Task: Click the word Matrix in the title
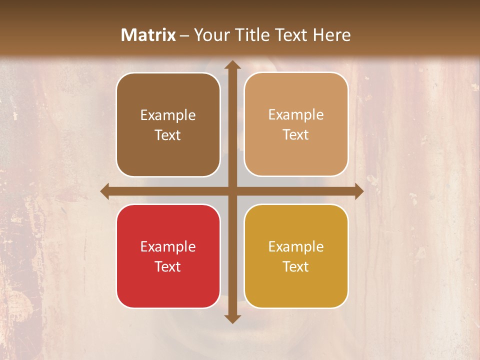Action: pos(148,35)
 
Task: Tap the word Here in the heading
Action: pos(332,35)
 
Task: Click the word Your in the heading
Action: pos(212,35)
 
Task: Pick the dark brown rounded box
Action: pos(168,124)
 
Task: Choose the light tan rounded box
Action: pos(296,124)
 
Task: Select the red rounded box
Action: pos(168,256)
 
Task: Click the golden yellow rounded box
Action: pos(296,256)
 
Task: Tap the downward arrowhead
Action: pos(232,318)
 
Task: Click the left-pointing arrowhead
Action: pos(105,191)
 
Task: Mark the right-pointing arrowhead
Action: pos(358,191)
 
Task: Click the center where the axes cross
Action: pos(232,191)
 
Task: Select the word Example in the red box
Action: pos(168,246)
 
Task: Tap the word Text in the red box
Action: pos(168,266)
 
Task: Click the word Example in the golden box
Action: pos(296,246)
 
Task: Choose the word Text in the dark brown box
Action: pos(168,135)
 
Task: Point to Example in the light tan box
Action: pos(296,114)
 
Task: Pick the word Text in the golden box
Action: pos(296,266)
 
